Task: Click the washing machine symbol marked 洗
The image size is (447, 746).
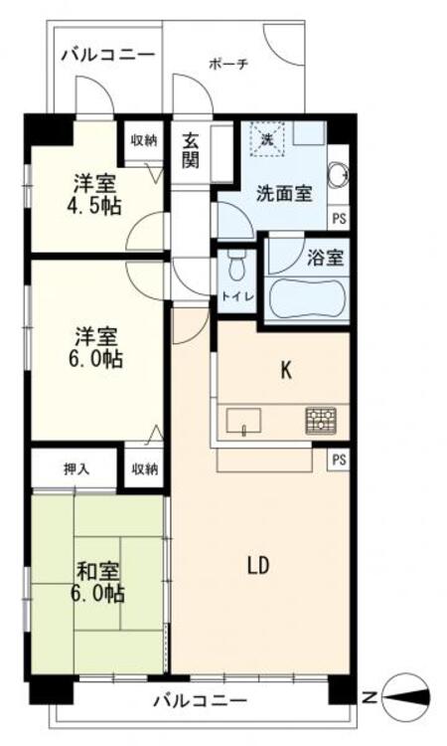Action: click(266, 140)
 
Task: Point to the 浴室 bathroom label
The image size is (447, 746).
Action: click(326, 257)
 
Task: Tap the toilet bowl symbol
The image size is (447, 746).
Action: click(236, 266)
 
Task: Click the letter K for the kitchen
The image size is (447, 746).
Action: click(286, 370)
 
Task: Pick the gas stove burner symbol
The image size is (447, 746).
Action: click(321, 420)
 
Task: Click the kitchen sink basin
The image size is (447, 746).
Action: click(242, 421)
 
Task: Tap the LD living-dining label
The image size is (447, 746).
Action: click(258, 566)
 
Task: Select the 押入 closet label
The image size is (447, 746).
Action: click(76, 469)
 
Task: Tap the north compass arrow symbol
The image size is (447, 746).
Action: click(407, 697)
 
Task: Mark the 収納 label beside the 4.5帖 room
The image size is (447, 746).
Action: click(144, 140)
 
